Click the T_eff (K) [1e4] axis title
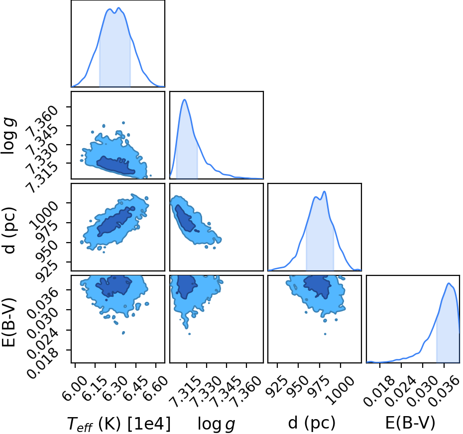pos(119,425)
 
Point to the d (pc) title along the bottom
pos(312,423)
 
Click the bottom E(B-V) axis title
pos(410,423)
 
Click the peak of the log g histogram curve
pos(185,99)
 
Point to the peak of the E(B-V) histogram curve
pos(449,283)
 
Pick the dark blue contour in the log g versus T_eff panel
pos(115,166)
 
